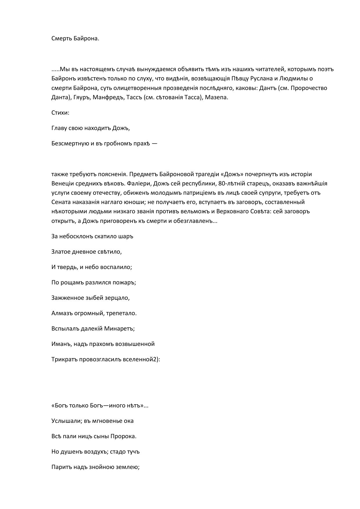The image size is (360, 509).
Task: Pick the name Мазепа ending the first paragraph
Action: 216,97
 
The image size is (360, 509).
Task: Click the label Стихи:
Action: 60,113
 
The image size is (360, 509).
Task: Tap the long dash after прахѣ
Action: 154,143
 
